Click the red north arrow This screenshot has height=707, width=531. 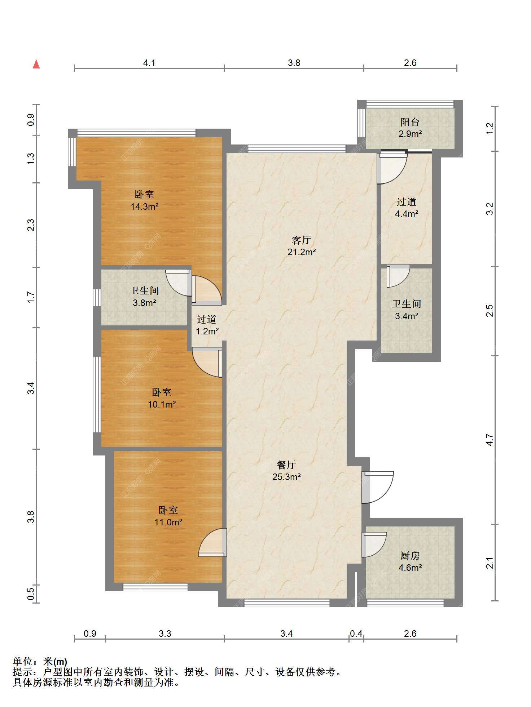click(36, 64)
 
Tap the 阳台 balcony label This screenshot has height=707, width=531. click(410, 122)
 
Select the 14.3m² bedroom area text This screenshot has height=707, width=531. click(145, 206)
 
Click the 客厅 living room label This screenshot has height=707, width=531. click(301, 240)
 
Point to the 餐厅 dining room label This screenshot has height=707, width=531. click(286, 465)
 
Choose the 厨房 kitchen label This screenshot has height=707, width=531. click(410, 556)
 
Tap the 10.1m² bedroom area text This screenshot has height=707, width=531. click(162, 404)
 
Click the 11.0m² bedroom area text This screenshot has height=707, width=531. click(168, 522)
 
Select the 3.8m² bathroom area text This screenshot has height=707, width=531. click(144, 303)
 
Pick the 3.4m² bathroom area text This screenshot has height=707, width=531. click(407, 316)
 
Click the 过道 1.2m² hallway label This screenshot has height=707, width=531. click(207, 325)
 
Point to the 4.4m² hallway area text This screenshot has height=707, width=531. click(407, 214)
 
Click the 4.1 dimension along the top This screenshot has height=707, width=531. click(149, 63)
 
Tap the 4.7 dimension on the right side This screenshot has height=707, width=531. click(490, 440)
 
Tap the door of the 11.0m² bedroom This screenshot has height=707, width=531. click(212, 542)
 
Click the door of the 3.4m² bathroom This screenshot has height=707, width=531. click(398, 276)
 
